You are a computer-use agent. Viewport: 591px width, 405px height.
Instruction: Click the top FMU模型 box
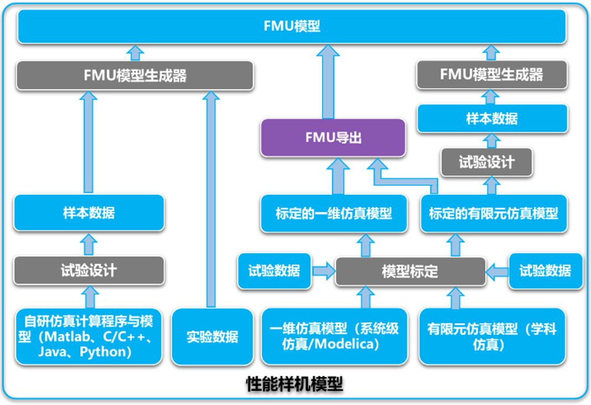pyautogui.click(x=292, y=27)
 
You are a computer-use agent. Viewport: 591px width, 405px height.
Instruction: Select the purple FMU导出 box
pyautogui.click(x=333, y=137)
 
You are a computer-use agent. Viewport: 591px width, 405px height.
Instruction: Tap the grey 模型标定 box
pyautogui.click(x=409, y=271)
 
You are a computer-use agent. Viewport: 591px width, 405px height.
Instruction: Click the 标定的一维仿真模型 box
pyautogui.click(x=334, y=213)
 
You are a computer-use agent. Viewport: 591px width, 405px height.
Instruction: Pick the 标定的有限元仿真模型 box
pyautogui.click(x=493, y=213)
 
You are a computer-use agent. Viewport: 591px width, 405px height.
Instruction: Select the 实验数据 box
pyautogui.click(x=212, y=336)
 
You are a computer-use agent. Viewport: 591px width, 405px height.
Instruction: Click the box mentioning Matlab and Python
pyautogui.click(x=89, y=336)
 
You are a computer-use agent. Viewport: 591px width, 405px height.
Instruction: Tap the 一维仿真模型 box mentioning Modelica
pyautogui.click(x=334, y=336)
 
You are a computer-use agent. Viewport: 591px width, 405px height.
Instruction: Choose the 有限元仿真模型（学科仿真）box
pyautogui.click(x=493, y=336)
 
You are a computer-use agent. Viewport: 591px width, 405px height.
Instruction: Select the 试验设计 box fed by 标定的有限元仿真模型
pyautogui.click(x=486, y=162)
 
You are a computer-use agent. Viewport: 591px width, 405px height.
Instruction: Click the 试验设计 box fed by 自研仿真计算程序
pyautogui.click(x=89, y=270)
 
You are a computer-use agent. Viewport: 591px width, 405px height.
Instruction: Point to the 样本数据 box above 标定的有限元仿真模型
pyautogui.click(x=492, y=118)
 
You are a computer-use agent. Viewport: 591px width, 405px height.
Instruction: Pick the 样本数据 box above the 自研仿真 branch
pyautogui.click(x=89, y=212)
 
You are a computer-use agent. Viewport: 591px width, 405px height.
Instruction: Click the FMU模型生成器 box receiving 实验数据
pyautogui.click(x=135, y=75)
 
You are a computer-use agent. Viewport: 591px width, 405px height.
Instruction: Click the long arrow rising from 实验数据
pyautogui.click(x=210, y=199)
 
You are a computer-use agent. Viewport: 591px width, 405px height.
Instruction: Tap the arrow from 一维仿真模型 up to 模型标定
pyautogui.click(x=365, y=297)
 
